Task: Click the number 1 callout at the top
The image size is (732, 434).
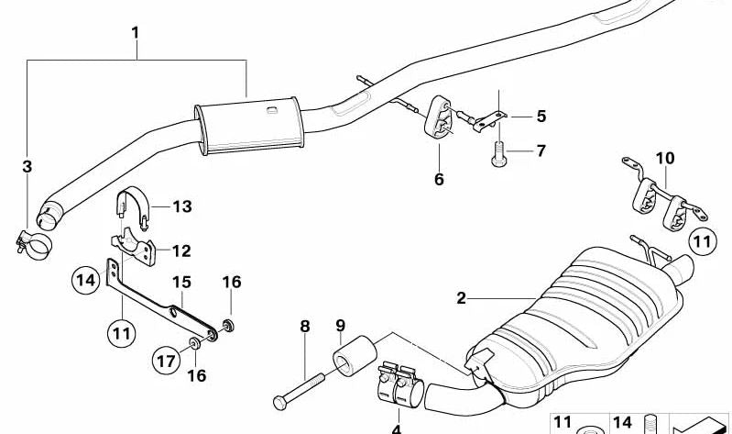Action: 136,33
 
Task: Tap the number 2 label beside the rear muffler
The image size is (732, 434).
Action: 462,297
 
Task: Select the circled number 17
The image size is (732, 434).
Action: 166,362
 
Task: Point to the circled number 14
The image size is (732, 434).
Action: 85,278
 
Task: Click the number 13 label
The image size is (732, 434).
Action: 182,207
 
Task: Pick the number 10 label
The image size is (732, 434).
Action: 664,158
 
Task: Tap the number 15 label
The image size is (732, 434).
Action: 181,282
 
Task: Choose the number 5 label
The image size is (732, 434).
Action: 541,117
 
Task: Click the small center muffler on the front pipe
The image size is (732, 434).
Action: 247,124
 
